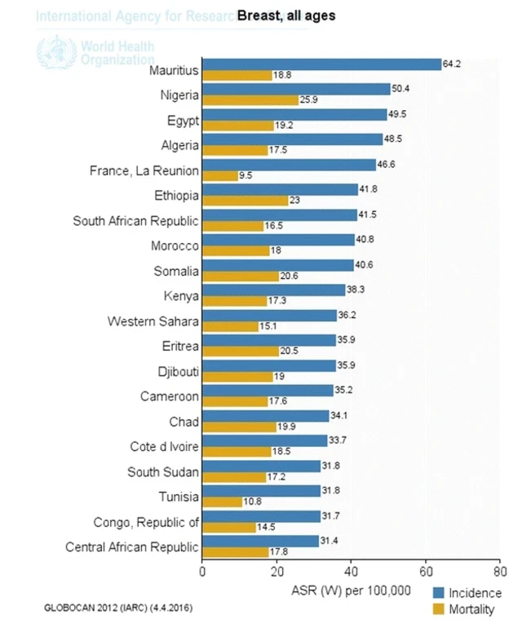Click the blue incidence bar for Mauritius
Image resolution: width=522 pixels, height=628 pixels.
pyautogui.click(x=321, y=64)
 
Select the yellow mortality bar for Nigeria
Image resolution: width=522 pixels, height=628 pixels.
pyautogui.click(x=250, y=100)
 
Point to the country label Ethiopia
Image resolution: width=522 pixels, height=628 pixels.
pyautogui.click(x=176, y=196)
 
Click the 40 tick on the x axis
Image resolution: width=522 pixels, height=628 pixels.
pyautogui.click(x=351, y=573)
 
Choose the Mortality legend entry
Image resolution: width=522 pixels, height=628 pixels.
pyautogui.click(x=471, y=609)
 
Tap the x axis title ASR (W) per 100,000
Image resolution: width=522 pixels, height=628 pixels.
pyautogui.click(x=351, y=590)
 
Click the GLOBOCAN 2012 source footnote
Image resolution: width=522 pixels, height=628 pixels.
pyautogui.click(x=119, y=609)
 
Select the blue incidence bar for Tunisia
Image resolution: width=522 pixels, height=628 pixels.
pyautogui.click(x=261, y=491)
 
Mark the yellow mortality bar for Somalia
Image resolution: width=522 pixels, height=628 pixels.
pyautogui.click(x=240, y=276)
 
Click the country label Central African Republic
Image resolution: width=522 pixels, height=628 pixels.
pyautogui.click(x=132, y=547)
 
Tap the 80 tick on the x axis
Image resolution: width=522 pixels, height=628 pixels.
pyautogui.click(x=499, y=573)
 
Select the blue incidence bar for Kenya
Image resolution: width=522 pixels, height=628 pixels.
pyautogui.click(x=273, y=290)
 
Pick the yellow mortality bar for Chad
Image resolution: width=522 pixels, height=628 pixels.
pyautogui.click(x=239, y=427)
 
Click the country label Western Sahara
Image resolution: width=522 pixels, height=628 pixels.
pyautogui.click(x=153, y=321)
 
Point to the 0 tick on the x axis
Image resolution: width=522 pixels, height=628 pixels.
pyautogui.click(x=202, y=573)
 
